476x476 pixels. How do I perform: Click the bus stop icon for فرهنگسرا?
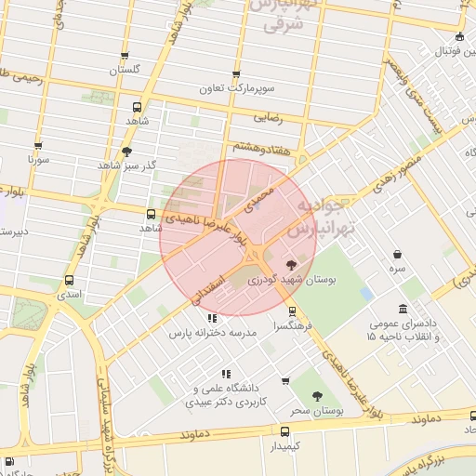(294, 311)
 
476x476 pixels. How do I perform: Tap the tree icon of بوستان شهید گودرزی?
(293, 264)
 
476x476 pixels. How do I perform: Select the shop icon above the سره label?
(398, 254)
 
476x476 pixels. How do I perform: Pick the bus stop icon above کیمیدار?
(284, 431)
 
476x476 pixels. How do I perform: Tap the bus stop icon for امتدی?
(70, 280)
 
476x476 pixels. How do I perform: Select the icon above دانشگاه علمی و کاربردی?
(225, 374)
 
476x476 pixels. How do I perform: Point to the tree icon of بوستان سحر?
(320, 395)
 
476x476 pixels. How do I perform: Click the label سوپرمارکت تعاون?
(236, 89)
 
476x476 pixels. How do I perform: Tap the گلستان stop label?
(125, 70)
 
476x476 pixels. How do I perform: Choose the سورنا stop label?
(37, 159)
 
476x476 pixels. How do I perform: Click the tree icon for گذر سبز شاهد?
(126, 152)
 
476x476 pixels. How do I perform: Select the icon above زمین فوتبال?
(459, 38)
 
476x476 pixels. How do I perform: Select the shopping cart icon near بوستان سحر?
(285, 379)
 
